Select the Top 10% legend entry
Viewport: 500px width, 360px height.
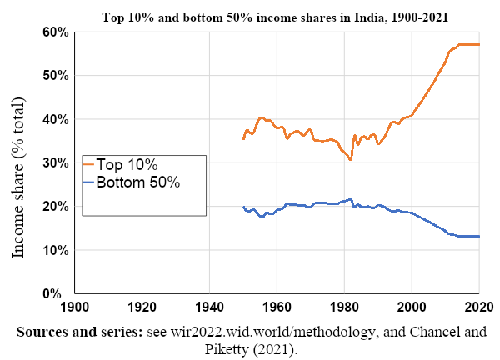(133, 164)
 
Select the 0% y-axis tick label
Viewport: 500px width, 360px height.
(56, 293)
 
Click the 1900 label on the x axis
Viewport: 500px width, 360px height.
(75, 307)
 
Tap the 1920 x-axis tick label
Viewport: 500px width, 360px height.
(142, 307)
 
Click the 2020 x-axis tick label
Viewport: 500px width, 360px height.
(477, 307)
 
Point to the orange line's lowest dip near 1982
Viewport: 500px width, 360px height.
(351, 159)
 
